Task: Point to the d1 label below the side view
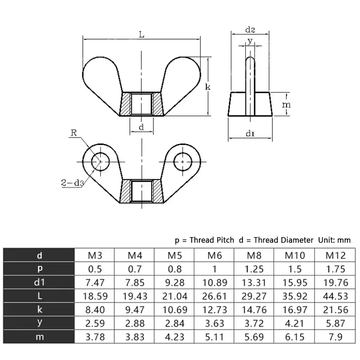point(250,134)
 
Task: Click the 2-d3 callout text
point(72,183)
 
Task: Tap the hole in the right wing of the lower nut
point(182,161)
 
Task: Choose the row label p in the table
point(40,269)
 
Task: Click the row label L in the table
point(40,296)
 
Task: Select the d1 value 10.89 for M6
point(215,283)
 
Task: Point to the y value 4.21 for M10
point(295,323)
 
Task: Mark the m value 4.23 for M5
point(175,337)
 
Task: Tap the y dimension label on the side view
point(250,41)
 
